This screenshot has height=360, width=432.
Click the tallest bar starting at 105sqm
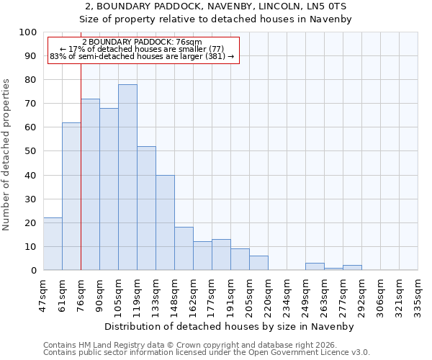127,177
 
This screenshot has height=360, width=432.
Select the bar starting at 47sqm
53,243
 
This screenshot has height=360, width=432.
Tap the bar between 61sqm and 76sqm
71,196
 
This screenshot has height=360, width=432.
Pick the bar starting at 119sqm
146,208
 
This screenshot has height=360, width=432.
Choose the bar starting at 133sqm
165,222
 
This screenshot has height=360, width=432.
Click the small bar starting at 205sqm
258,263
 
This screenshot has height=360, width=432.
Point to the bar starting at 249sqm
315,266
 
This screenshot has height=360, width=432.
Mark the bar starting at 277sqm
352,267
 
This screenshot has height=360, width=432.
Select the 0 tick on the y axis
34,270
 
